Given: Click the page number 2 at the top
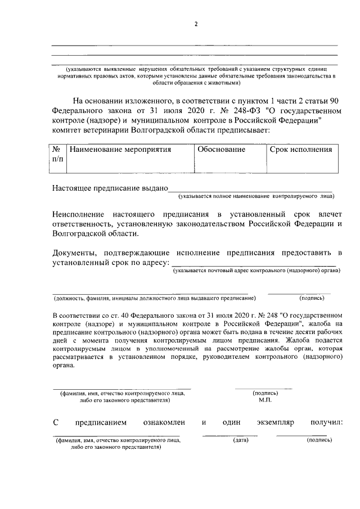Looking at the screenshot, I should tap(196, 24).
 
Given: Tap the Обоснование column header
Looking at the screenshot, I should tap(220, 150).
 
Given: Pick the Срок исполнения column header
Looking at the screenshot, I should tap(300, 150).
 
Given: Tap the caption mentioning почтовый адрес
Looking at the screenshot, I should tap(256, 271).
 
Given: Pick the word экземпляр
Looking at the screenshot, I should tap(273, 422).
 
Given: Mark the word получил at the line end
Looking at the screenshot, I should tap(326, 422).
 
